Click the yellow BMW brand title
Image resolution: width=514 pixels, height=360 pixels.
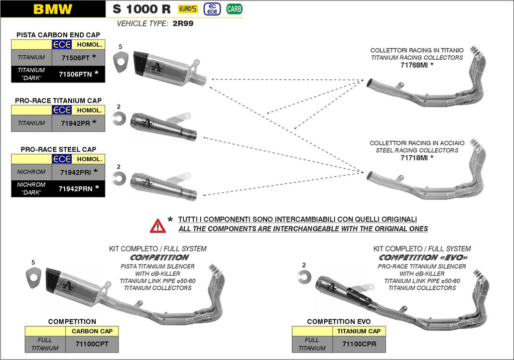pyautogui.click(x=52, y=9)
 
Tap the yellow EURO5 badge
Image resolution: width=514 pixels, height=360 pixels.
pyautogui.click(x=188, y=9)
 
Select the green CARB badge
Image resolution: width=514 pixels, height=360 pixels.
pyautogui.click(x=233, y=9)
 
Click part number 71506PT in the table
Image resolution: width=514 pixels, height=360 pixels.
pyautogui.click(x=74, y=58)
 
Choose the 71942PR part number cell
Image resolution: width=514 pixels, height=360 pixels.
pyautogui.click(x=74, y=123)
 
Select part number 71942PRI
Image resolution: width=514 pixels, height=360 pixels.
pyautogui.click(x=74, y=172)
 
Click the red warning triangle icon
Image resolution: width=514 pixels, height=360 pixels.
pyautogui.click(x=158, y=226)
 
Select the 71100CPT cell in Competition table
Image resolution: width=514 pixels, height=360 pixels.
pyautogui.click(x=92, y=344)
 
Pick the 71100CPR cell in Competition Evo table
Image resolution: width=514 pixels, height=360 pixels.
pyautogui.click(x=359, y=344)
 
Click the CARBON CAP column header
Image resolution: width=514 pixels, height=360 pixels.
pyautogui.click(x=92, y=331)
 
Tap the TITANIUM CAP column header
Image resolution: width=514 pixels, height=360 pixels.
pyautogui.click(x=359, y=331)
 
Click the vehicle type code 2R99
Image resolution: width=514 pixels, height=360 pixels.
pyautogui.click(x=183, y=23)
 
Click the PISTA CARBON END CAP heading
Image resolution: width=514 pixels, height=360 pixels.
pyautogui.click(x=58, y=35)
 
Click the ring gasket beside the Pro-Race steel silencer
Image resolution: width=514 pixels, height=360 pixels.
pyautogui.click(x=119, y=178)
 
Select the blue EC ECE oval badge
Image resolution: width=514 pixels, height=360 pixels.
pyautogui.click(x=213, y=9)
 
